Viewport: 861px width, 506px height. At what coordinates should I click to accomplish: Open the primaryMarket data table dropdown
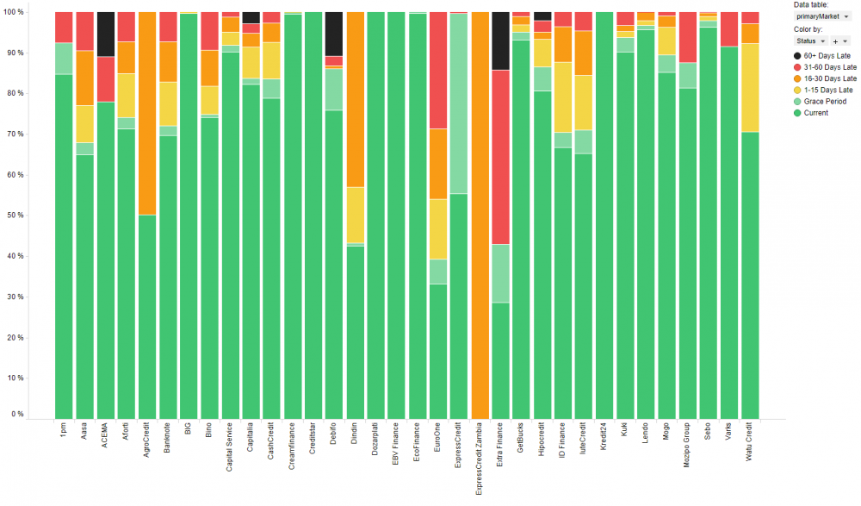[821, 16]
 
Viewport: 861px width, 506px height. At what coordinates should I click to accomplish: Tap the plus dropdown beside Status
[840, 41]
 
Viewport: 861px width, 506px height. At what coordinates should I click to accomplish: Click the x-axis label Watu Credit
[750, 441]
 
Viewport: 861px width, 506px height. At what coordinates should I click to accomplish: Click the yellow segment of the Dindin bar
[355, 216]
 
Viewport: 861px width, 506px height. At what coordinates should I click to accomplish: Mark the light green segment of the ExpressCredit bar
[458, 103]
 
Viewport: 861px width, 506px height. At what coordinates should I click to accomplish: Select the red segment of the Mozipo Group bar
[687, 37]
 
